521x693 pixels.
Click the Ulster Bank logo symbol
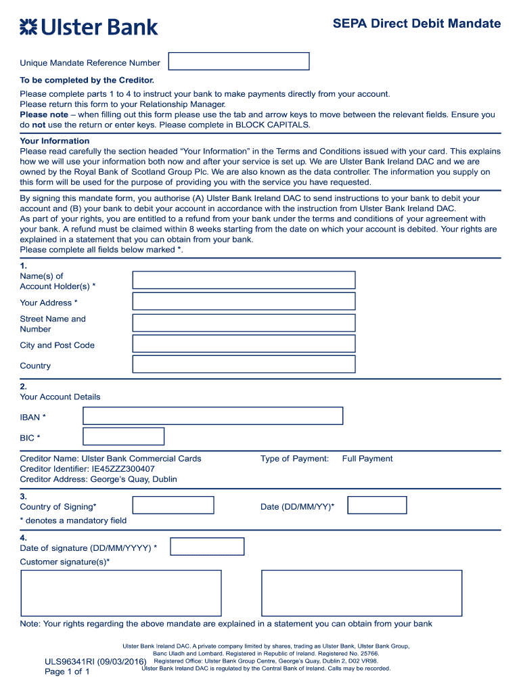coord(28,27)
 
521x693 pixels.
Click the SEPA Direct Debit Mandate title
coord(416,24)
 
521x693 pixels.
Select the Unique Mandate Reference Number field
coord(238,62)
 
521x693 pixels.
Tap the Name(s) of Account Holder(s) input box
coord(244,280)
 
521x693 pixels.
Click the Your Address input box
coord(244,301)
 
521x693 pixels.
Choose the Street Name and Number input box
coord(244,323)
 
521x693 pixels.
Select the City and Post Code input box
coord(244,344)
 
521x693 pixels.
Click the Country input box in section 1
coord(244,365)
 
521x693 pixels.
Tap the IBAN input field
coord(212,416)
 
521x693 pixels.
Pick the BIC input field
coord(123,437)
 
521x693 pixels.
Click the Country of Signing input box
coord(173,506)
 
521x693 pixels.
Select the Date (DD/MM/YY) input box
coord(377,506)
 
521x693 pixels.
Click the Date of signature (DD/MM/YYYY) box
coord(207,547)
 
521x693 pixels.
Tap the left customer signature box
coord(121,593)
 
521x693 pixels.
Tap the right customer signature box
coord(361,593)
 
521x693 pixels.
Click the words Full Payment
coord(367,459)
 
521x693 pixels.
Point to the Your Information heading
coord(55,141)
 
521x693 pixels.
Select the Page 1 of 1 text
coord(67,671)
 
